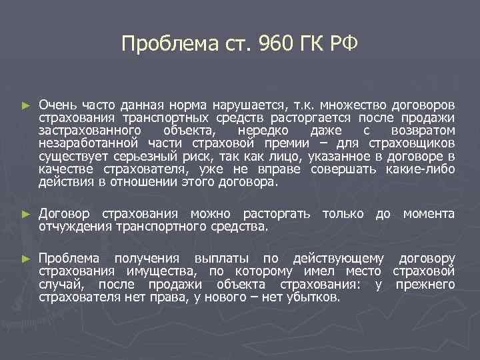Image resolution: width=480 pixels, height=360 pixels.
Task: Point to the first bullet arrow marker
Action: click(26, 105)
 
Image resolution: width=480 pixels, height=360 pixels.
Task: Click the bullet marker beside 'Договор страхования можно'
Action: click(26, 215)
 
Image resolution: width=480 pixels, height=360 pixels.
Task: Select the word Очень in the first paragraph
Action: click(57, 105)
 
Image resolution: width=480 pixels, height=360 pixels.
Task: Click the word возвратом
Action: click(423, 130)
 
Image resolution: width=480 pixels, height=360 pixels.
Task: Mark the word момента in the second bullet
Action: click(428, 214)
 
